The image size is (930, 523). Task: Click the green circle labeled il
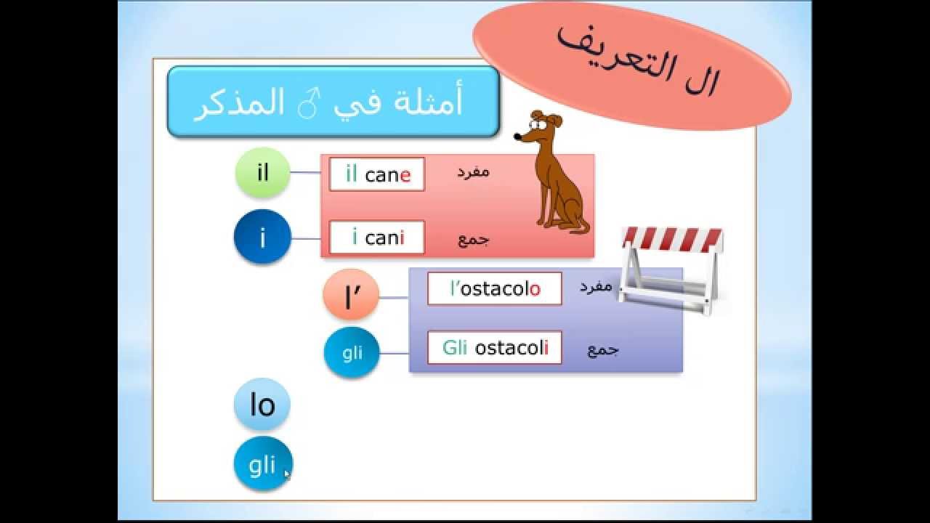(x=262, y=173)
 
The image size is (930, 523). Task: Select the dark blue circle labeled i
(x=262, y=238)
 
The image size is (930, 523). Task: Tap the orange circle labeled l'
(x=351, y=295)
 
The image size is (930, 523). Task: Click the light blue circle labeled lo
(x=262, y=405)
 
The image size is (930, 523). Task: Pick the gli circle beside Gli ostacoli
(x=352, y=353)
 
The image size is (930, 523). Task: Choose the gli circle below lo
(x=262, y=464)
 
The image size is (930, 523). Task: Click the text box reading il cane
(x=376, y=174)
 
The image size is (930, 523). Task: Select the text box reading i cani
(x=376, y=238)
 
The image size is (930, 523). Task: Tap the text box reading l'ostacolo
(x=494, y=288)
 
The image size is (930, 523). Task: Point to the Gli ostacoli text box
(x=494, y=348)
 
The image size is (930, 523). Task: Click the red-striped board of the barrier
(x=672, y=239)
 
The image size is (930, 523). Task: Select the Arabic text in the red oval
(x=636, y=61)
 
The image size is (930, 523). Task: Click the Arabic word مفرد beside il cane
(x=473, y=172)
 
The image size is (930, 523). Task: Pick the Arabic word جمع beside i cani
(x=473, y=240)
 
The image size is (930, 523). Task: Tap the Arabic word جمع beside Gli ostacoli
(x=602, y=349)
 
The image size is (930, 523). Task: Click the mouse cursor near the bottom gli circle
(x=287, y=474)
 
